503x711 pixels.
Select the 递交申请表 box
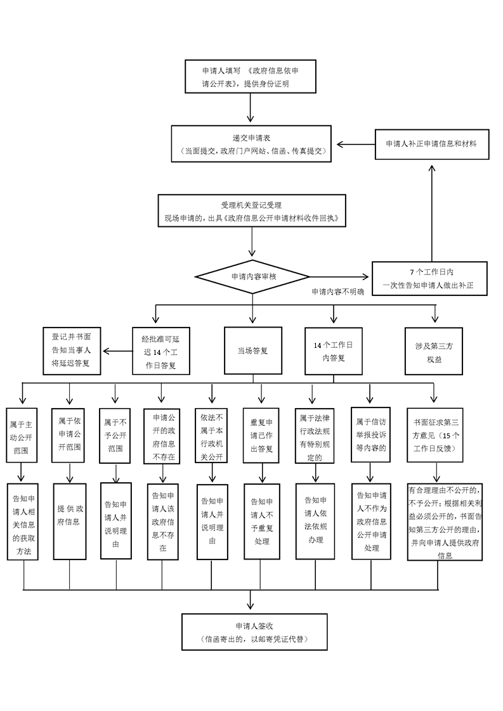point(252,144)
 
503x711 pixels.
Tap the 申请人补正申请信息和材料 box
point(431,144)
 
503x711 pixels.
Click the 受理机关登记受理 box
point(252,212)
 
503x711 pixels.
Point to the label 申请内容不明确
point(337,292)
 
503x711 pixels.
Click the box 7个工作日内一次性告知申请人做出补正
point(431,278)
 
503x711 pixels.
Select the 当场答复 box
point(252,350)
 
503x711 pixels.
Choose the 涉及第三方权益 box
point(434,350)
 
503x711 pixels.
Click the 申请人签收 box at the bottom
point(254,632)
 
